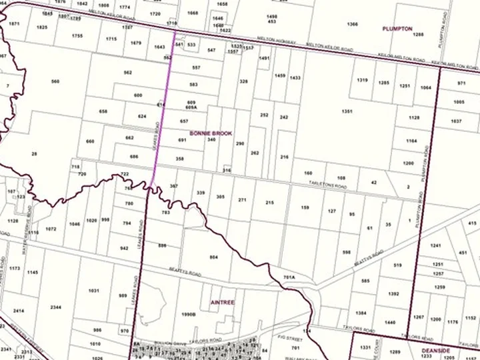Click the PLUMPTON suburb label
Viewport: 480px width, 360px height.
pyautogui.click(x=397, y=29)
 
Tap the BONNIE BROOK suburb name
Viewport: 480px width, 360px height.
pyautogui.click(x=211, y=133)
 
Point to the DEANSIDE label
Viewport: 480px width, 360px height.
pyautogui.click(x=437, y=349)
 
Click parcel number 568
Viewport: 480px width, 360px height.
pyautogui.click(x=55, y=81)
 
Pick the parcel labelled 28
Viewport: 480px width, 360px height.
pyautogui.click(x=34, y=154)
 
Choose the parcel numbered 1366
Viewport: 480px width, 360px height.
pyautogui.click(x=352, y=24)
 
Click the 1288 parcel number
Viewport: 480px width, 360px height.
pyautogui.click(x=419, y=34)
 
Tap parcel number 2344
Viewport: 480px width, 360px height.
pyautogui.click(x=56, y=307)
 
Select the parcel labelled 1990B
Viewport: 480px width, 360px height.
pyautogui.click(x=189, y=314)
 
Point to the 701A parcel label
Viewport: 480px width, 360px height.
pyautogui.click(x=289, y=277)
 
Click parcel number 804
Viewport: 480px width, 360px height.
pyautogui.click(x=214, y=257)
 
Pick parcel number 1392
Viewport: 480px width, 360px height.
pyautogui.click(x=393, y=293)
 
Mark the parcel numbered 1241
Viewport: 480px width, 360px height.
pyautogui.click(x=437, y=245)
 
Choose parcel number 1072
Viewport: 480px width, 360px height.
pyautogui.click(x=51, y=229)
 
